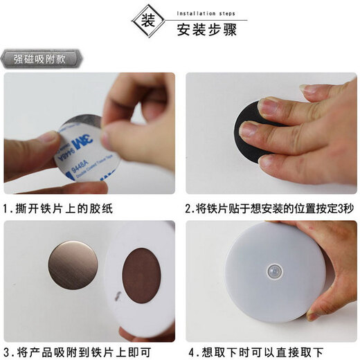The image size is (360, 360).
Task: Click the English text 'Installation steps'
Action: click(x=206, y=13)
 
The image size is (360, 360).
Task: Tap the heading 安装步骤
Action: click(x=206, y=30)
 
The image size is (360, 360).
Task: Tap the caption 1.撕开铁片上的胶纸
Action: click(x=58, y=208)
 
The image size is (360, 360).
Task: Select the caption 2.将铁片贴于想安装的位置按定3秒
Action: click(x=269, y=208)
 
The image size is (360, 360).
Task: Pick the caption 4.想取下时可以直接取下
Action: click(x=255, y=352)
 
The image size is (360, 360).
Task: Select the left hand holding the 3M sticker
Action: click(x=31, y=156)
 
